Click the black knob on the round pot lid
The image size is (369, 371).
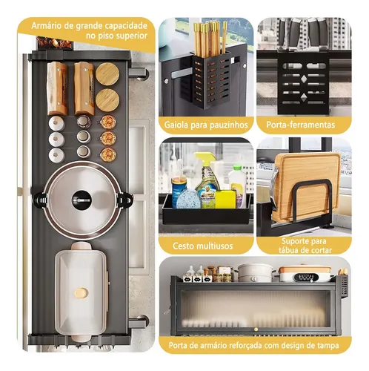tap(82, 200)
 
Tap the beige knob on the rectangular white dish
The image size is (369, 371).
tap(82, 293)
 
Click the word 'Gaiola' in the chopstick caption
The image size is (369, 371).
tap(176, 125)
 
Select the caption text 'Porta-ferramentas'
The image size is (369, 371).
tap(301, 125)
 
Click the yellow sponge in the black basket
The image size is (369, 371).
tap(225, 200)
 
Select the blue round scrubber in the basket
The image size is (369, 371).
tap(189, 199)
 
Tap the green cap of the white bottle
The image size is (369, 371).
tap(237, 168)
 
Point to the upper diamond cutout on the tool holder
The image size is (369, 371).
tap(304, 79)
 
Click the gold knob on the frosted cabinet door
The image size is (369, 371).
tap(256, 329)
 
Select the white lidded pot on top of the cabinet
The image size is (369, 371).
tap(254, 272)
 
